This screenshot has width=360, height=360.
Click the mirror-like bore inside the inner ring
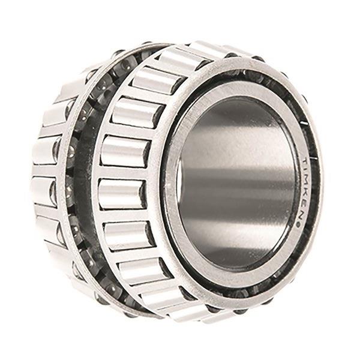pyautogui.click(x=236, y=184)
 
